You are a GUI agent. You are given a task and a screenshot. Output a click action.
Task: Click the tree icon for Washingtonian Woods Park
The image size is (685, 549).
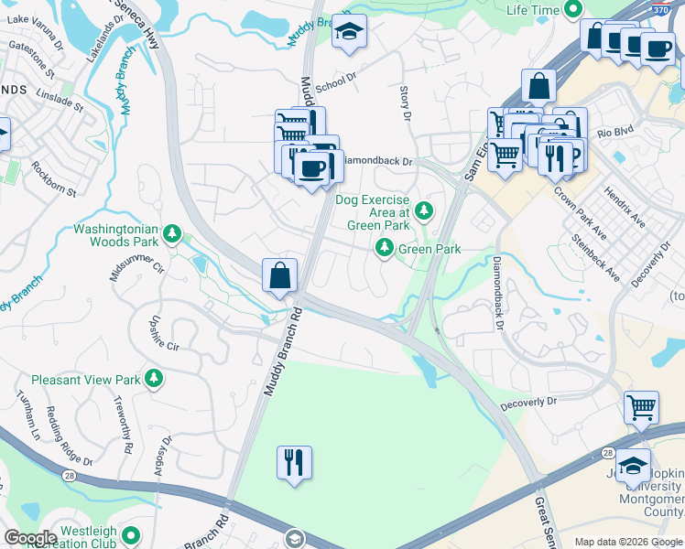pos(171,235)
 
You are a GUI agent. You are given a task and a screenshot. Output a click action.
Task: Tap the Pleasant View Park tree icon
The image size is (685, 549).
pos(155,378)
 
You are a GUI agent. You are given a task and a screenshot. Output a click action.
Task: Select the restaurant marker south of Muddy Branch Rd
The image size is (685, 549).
pos(294,461)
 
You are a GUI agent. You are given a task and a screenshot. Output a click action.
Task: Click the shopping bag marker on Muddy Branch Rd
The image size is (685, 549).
pos(279,274)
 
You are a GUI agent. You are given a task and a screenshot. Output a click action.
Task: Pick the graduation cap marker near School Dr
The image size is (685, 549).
pos(348,32)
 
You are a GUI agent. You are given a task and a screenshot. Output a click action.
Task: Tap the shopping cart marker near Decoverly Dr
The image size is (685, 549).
pos(642,406)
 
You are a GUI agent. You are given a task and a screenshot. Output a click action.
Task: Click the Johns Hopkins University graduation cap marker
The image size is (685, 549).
pos(633,465)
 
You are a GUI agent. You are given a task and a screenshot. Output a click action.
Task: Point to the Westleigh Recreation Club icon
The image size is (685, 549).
pos(131,534)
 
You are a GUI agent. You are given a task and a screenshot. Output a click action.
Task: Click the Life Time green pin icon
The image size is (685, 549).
pos(574,10)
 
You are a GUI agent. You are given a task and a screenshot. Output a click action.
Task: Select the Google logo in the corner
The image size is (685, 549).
pos(30,538)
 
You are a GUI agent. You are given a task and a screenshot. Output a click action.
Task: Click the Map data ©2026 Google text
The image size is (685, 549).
pos(627,542)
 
